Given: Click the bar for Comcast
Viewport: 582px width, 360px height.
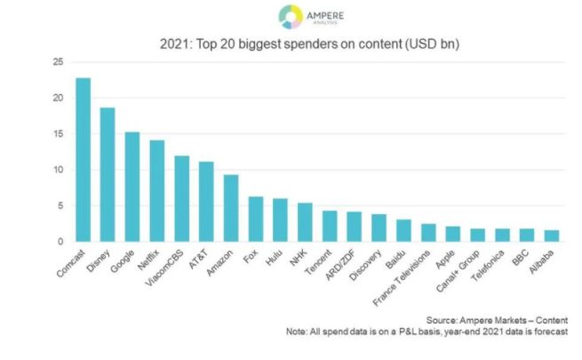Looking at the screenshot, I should coord(83,160).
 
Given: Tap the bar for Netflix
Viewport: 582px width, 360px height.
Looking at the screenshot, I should coord(156,191).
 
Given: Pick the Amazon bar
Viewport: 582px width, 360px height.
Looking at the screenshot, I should coord(230,208).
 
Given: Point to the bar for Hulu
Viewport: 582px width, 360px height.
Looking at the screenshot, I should coord(280,220).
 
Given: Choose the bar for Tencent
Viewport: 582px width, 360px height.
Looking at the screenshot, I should coord(329,227).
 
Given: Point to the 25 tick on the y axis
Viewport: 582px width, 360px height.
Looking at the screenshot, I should coord(57,62).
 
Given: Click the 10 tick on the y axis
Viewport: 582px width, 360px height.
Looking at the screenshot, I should coord(57,170).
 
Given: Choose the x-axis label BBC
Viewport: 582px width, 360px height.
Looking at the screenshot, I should coord(522,257).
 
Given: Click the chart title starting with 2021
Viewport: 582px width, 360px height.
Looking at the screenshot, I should coord(291,43).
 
